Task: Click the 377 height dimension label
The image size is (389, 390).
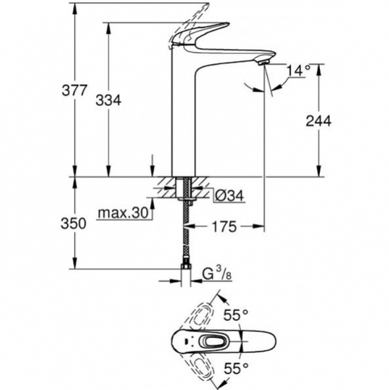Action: pyautogui.click(x=74, y=90)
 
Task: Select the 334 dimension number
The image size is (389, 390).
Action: pyautogui.click(x=109, y=100)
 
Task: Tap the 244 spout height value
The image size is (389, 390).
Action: pyautogui.click(x=319, y=121)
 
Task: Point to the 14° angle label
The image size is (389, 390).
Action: pyautogui.click(x=299, y=70)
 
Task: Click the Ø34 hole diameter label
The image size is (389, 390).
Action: pyautogui.click(x=229, y=196)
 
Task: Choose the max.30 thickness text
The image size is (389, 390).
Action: pyautogui.click(x=123, y=213)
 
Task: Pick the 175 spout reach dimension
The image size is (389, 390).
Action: pyautogui.click(x=224, y=227)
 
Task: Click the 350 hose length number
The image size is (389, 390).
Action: pyautogui.click(x=74, y=224)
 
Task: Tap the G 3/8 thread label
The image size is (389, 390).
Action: pyautogui.click(x=217, y=275)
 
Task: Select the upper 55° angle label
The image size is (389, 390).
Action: pyautogui.click(x=236, y=315)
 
